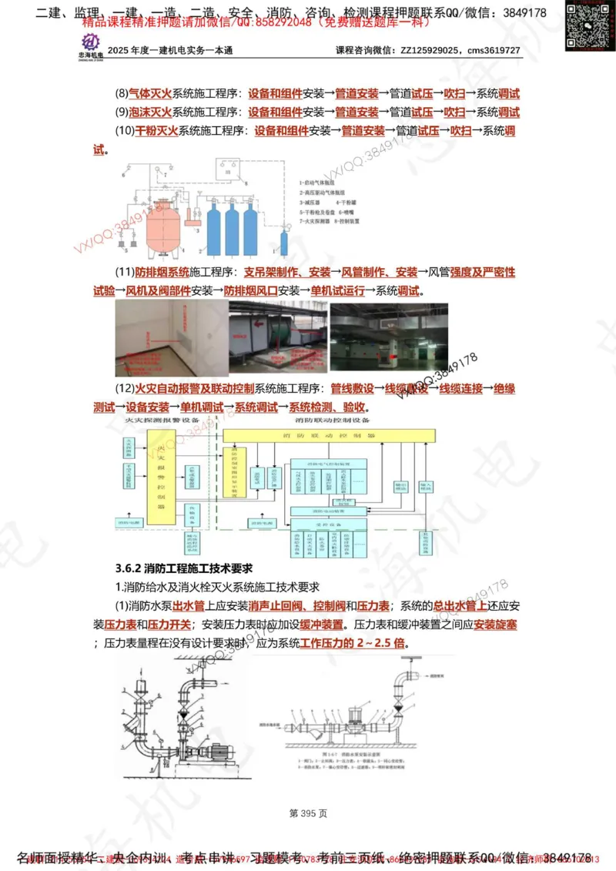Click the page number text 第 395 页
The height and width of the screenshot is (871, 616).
click(308, 812)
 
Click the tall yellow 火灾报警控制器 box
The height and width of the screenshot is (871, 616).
click(161, 477)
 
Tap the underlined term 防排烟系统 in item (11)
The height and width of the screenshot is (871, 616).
click(162, 273)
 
